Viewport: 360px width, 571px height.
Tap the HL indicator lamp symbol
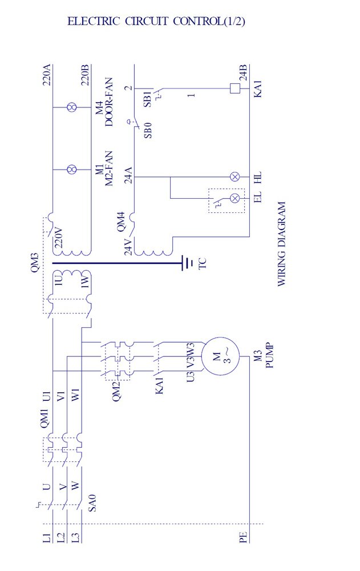point(234,177)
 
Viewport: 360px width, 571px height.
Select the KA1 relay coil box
point(234,89)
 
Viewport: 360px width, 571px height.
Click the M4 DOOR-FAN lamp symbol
point(72,106)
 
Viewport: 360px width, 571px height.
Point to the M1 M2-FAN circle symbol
point(72,170)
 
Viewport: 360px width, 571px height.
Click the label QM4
point(121,221)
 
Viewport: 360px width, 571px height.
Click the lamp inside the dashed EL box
point(234,198)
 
